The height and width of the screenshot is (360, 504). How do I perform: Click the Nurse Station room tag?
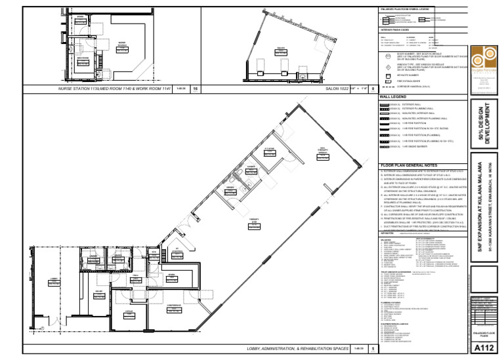[x=122, y=44]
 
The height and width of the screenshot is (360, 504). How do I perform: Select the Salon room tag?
[x=281, y=49]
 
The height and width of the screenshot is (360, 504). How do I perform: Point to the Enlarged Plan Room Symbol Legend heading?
[x=404, y=9]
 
